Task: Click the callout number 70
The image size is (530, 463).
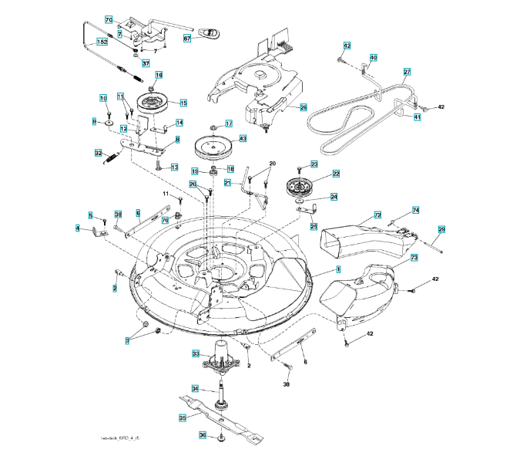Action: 109,19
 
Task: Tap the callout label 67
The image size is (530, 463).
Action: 187,37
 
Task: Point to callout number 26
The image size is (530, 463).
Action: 303,107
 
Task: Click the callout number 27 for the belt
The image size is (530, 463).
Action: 406,72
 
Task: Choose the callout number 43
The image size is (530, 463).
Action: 242,139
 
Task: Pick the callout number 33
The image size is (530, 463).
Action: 196,353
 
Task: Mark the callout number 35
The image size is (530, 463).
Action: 183,417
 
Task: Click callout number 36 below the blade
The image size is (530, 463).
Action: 203,435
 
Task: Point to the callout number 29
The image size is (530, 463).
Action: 442,229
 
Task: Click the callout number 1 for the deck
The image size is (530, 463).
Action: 337,269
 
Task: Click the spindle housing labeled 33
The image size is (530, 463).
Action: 224,357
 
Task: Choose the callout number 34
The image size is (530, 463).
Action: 195,388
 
